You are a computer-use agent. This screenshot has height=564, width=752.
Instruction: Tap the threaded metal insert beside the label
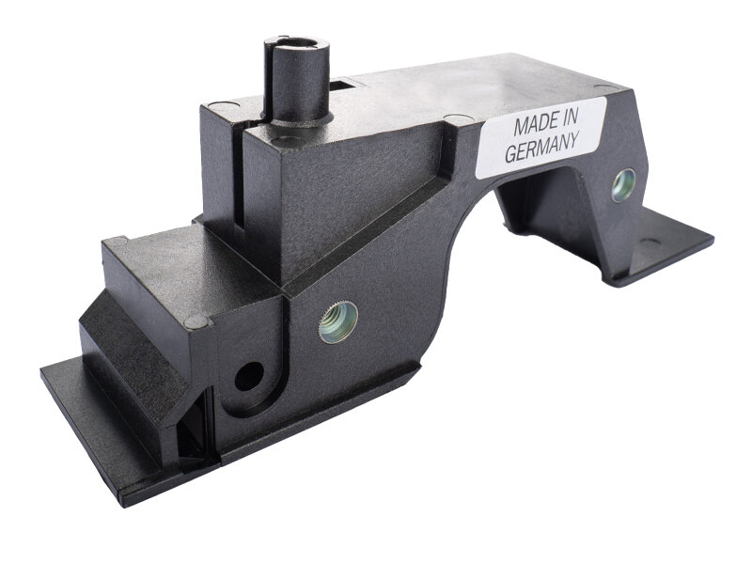622,184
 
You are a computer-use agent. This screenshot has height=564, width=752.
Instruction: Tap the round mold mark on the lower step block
196,322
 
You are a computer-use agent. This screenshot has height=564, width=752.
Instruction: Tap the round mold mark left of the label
457,119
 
